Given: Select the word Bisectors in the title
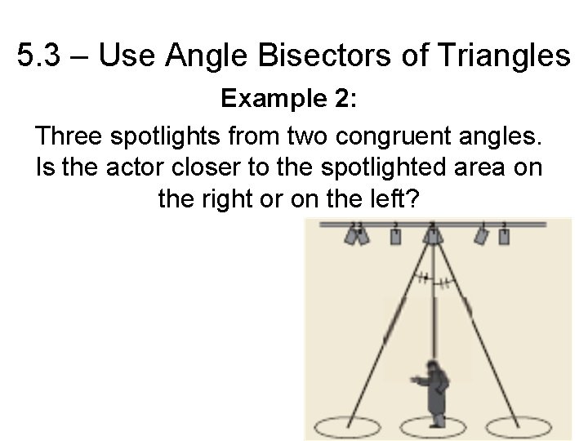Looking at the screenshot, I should [x=318, y=56].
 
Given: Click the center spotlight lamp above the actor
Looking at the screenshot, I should [x=431, y=235].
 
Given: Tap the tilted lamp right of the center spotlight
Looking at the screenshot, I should [x=482, y=236].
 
